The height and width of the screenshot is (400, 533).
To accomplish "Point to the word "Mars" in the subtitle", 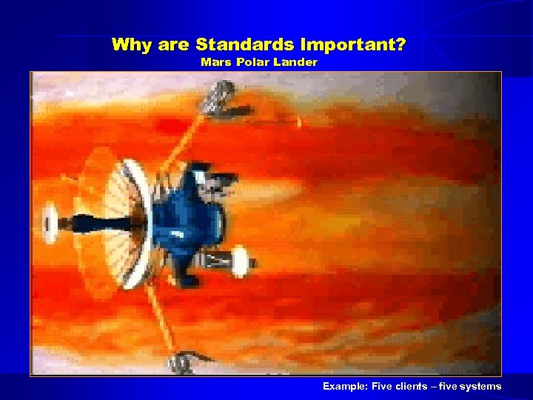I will coord(215,62).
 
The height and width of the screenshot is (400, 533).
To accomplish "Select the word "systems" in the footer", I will coord(480,386).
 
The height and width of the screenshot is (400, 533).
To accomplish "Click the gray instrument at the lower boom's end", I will coord(180,363).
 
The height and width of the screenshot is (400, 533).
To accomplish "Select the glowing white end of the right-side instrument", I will coord(240,261).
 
